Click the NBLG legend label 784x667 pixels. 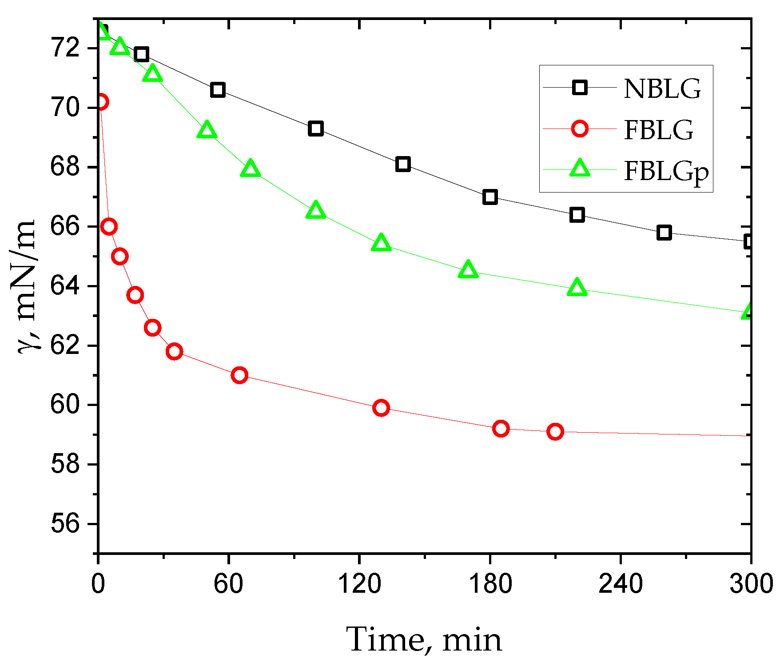point(662,88)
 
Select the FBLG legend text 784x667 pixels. point(658,130)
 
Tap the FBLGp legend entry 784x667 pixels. point(666,172)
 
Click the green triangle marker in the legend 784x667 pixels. point(580,169)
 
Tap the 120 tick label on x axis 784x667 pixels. point(359,583)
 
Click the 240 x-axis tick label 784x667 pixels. point(620,583)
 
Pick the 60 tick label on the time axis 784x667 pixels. point(228,583)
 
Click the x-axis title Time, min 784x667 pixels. point(424,639)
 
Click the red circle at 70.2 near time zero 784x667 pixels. point(100,102)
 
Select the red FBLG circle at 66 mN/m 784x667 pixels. point(109,226)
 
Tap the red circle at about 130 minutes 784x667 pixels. point(381,408)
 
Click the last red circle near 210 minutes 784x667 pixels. point(555,431)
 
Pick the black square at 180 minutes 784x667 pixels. point(490,197)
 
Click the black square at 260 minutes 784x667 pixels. point(664,233)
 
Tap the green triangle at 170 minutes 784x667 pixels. point(468,269)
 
